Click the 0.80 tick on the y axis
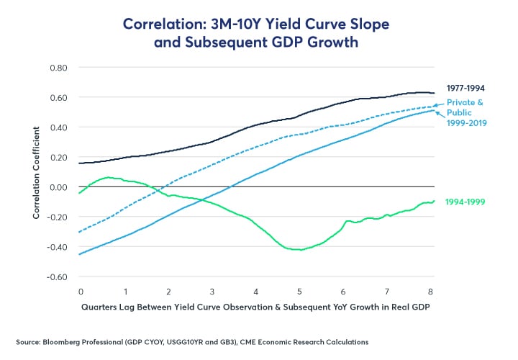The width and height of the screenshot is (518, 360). click(x=58, y=68)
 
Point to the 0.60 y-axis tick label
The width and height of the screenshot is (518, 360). click(x=58, y=97)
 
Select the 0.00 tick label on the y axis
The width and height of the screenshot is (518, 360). click(x=58, y=187)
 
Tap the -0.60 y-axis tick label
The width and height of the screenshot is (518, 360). click(x=57, y=276)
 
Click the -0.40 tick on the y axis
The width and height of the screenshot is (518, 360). click(x=57, y=247)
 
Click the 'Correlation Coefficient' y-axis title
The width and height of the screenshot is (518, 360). click(x=35, y=172)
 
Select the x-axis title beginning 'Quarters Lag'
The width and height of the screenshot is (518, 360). click(x=255, y=307)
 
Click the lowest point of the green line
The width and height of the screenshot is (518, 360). click(x=301, y=250)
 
